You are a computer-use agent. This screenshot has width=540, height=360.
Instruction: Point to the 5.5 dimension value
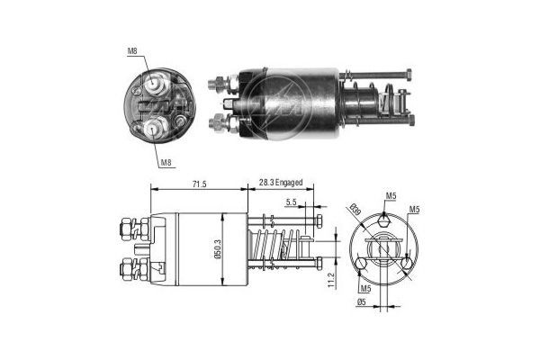point(292,202)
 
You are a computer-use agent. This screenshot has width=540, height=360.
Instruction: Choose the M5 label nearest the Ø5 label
point(365,290)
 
